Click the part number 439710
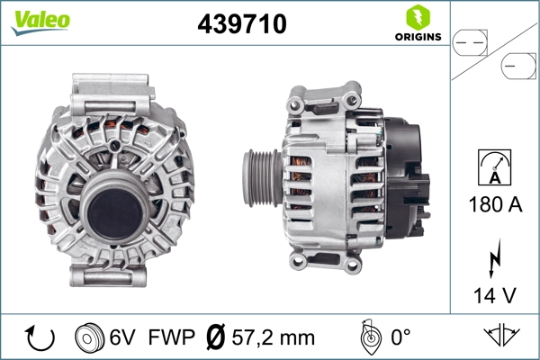click(241, 24)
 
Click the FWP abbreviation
click(172, 337)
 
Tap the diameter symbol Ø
click(216, 337)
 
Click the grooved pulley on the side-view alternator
click(258, 177)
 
